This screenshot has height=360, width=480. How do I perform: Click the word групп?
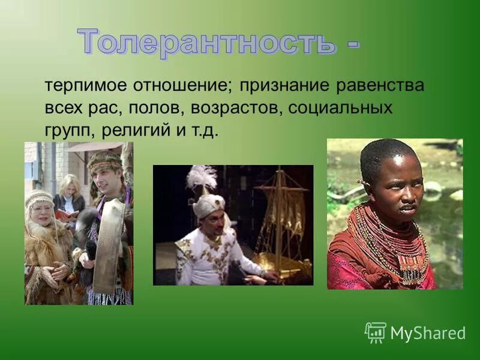tap(68, 131)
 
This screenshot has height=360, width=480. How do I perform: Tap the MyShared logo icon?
tap(376, 332)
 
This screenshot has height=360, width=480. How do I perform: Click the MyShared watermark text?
tap(428, 334)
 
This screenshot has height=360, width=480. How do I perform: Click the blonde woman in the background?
tap(68, 195)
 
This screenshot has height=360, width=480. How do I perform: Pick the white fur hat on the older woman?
tap(39, 198)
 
